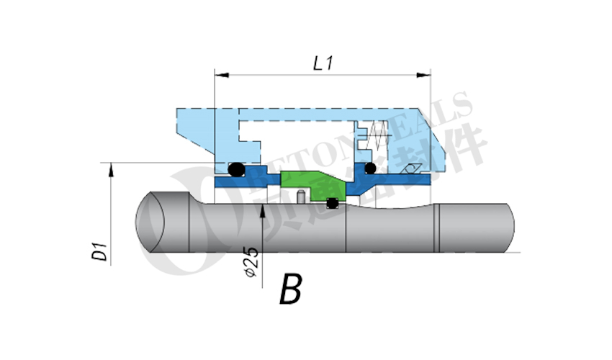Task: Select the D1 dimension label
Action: tap(102, 252)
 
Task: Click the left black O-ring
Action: tap(236, 170)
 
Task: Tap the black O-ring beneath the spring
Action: tap(370, 168)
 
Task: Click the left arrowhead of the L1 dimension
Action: tap(220, 74)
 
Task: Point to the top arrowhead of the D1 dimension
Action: tap(111, 168)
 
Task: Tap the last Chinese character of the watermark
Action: tap(461, 148)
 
